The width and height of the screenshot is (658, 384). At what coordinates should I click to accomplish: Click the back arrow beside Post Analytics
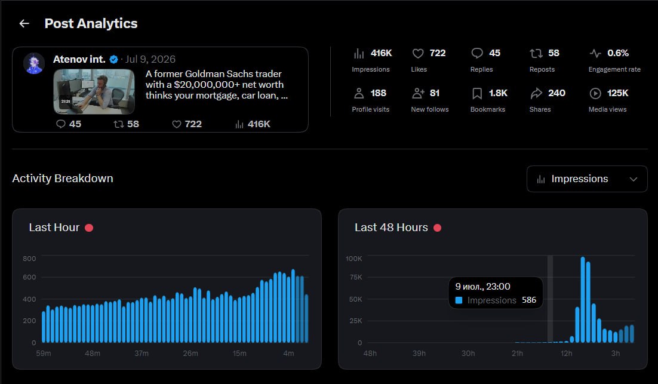coord(24,23)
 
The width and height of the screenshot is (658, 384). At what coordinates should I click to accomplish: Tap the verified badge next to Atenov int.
coord(113,60)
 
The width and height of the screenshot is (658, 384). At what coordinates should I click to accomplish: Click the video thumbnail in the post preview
coord(94,91)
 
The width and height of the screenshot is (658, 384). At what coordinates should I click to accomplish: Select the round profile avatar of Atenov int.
coord(34,63)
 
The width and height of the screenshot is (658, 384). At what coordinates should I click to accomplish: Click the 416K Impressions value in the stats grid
coord(381,53)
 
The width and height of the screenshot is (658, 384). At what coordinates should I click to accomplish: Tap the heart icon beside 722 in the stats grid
coord(418,53)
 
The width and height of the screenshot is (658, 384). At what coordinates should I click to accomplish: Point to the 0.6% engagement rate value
coord(618,53)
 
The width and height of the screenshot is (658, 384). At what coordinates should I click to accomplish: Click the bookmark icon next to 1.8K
coord(477,93)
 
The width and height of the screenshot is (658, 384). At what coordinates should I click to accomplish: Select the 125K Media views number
coord(618,93)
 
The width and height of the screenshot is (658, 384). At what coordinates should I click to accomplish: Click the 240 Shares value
coord(556,93)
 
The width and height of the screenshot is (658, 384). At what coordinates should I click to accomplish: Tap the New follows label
coord(430,109)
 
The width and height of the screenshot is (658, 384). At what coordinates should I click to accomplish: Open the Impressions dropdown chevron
coord(634,179)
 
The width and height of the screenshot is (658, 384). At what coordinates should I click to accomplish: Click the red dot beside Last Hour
coord(89,228)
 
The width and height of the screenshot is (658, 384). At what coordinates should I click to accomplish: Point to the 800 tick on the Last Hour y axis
coord(29,259)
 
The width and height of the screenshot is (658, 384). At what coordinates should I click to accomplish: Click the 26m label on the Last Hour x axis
coord(190,354)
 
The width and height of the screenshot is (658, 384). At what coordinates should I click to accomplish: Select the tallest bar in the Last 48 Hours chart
coord(583,300)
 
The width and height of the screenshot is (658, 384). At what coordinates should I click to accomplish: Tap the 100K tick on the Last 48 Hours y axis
coord(353,259)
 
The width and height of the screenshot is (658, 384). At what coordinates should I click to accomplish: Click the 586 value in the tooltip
coord(529,300)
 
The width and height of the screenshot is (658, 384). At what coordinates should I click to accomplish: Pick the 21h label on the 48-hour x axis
coord(517,354)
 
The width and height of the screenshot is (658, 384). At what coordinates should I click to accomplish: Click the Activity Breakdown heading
coord(63,179)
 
